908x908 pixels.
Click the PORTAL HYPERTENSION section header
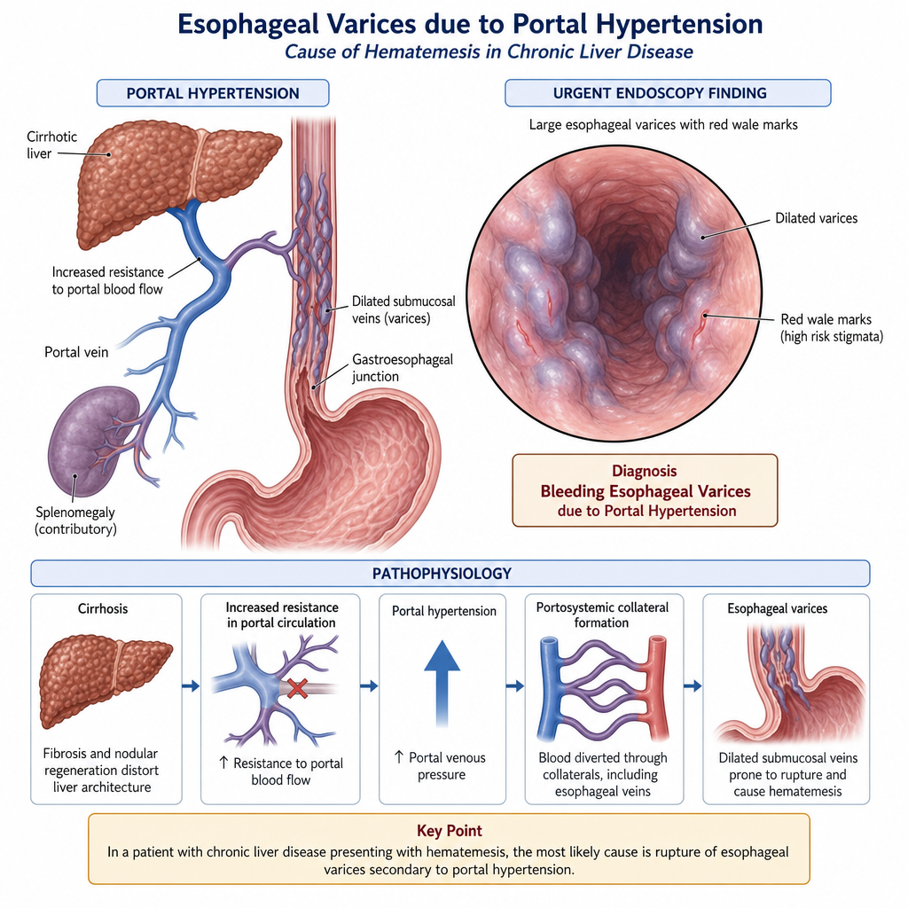click(x=213, y=93)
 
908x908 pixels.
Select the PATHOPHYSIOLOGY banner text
click(x=442, y=574)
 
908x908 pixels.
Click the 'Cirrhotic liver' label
click(x=51, y=145)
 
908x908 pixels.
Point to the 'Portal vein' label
click(x=76, y=352)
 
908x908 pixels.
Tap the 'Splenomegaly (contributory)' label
click(x=75, y=521)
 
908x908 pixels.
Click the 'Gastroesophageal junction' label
click(x=403, y=368)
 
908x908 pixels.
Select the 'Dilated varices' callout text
click(x=816, y=218)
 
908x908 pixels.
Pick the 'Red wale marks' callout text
click(x=832, y=328)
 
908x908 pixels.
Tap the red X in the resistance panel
click(x=297, y=688)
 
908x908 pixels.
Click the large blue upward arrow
click(x=442, y=684)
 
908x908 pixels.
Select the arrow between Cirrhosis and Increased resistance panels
click(x=191, y=686)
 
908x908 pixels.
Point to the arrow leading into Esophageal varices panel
click(x=693, y=686)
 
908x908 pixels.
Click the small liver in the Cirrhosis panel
click(x=106, y=680)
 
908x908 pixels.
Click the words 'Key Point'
click(x=450, y=831)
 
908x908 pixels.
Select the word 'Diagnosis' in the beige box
click(x=645, y=471)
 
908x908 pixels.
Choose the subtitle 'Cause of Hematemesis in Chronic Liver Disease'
click(x=489, y=52)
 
